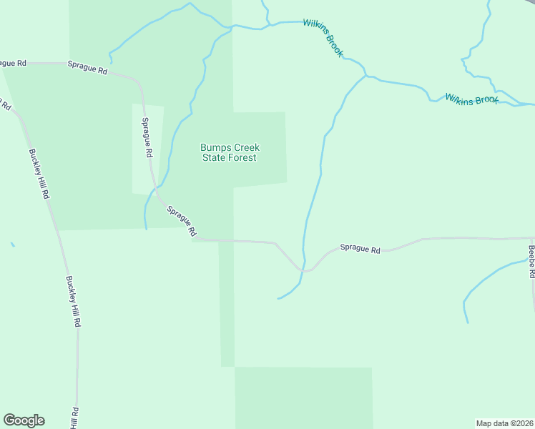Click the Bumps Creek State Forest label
229,153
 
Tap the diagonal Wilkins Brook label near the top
323,38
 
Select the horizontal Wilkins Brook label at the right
471,99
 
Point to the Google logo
24,420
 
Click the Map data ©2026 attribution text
505,423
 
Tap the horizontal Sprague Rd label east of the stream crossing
360,249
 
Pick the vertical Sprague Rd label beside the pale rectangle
147,137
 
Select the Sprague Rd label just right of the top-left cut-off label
87,68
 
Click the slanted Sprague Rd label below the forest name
182,221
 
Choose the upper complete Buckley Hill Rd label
39,174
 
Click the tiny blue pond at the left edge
13,245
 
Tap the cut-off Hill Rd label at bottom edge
74,418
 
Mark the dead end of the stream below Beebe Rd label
468,322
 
